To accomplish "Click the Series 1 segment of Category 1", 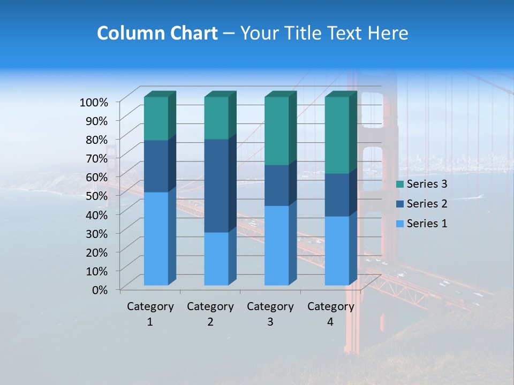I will [156, 238].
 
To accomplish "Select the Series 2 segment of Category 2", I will [216, 186].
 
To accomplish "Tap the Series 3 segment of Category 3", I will [277, 131].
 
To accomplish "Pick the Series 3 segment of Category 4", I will [337, 135].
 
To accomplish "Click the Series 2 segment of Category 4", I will [337, 195].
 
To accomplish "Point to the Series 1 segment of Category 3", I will [277, 245].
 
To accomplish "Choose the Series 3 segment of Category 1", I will [156, 118].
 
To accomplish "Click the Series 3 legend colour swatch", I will [399, 184].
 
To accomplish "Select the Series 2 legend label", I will [427, 204].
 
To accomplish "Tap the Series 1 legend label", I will [427, 224].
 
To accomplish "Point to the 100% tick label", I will [94, 102].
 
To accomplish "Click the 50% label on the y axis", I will [96, 195].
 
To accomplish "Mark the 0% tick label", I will [100, 289].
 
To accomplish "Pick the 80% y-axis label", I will [96, 139].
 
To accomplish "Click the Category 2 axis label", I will [210, 314].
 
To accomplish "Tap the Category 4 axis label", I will [331, 314].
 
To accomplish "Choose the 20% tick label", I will [96, 251].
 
